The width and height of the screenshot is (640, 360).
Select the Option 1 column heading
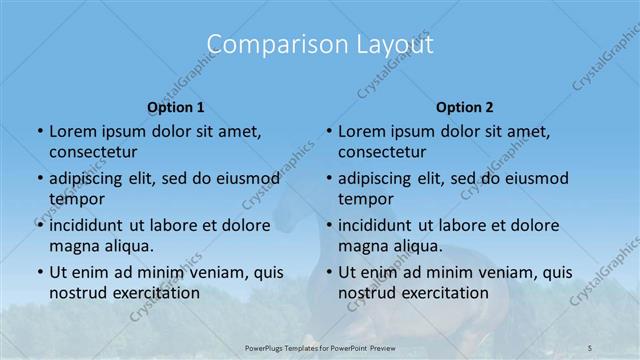click(176, 106)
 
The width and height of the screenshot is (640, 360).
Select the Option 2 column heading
click(465, 106)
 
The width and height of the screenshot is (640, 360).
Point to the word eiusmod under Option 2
click(534, 179)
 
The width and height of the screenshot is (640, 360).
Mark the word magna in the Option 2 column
click(362, 245)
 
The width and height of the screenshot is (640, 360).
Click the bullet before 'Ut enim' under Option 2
click(328, 272)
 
